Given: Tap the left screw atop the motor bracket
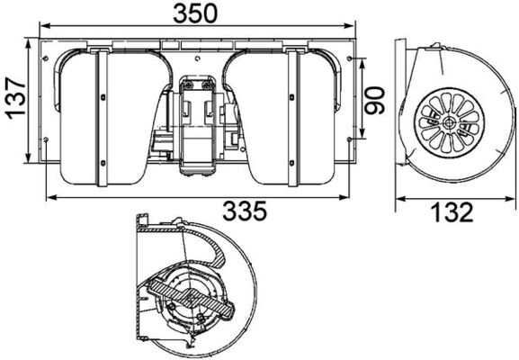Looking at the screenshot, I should [190, 84].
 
